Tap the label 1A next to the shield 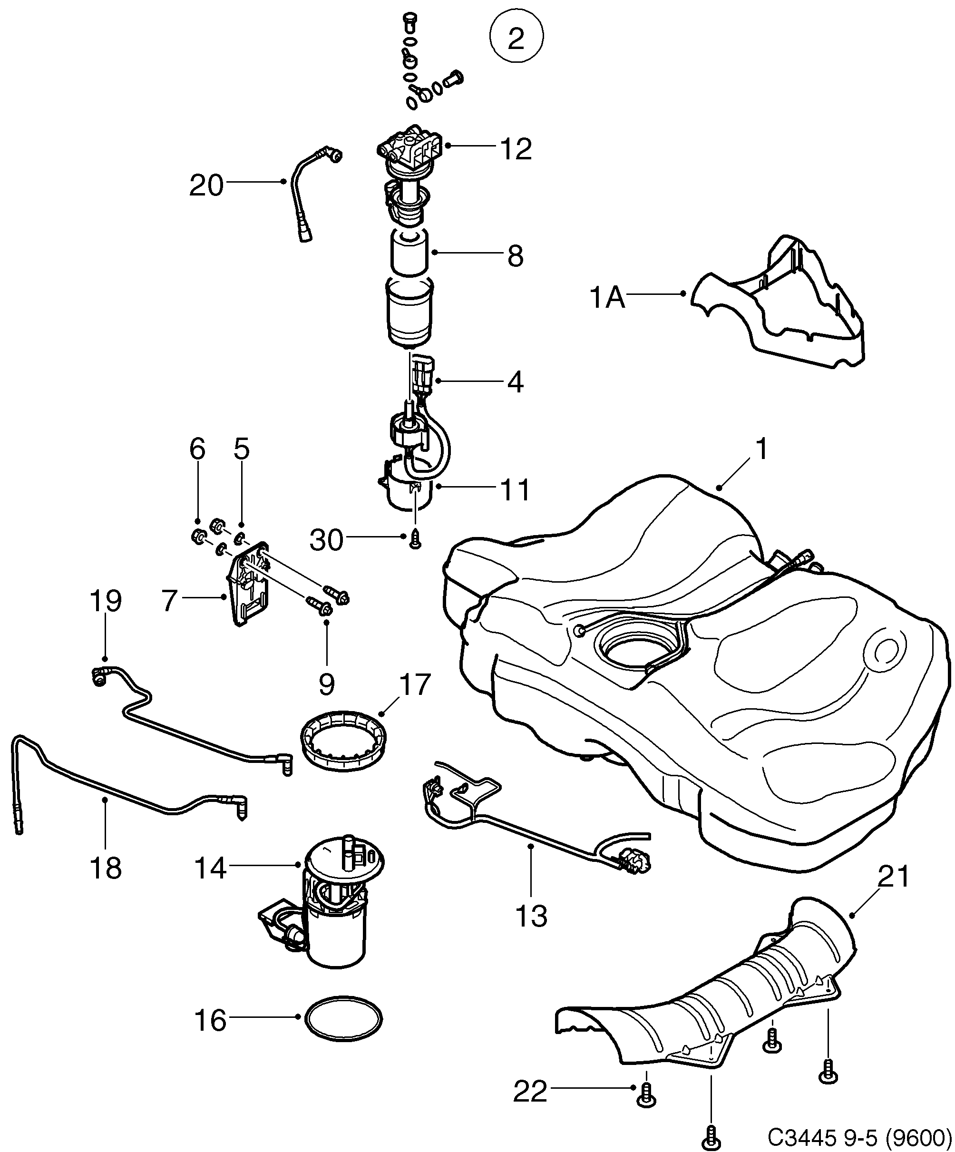(x=607, y=298)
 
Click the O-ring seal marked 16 (x=343, y=1019)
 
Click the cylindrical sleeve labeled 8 (x=410, y=253)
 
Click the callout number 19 (x=105, y=602)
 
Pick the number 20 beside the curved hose (x=206, y=185)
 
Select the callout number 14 (x=211, y=869)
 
